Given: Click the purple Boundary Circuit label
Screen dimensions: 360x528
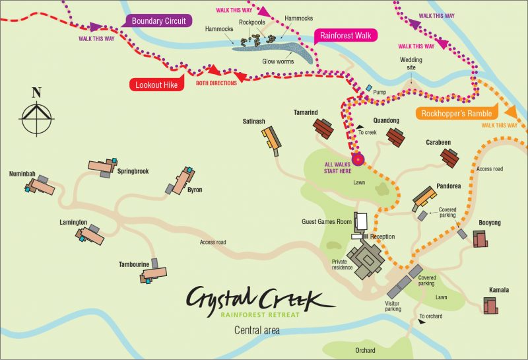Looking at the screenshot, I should point(160,21).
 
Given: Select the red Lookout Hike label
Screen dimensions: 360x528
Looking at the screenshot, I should point(156,84).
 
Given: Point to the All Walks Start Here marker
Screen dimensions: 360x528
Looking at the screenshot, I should point(358,159).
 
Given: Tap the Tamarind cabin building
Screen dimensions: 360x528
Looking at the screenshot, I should point(323,127).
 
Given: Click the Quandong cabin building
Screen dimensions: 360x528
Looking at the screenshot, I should point(395,137).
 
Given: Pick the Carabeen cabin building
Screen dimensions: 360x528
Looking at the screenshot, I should point(450,157).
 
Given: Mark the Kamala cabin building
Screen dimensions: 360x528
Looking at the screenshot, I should point(490,306).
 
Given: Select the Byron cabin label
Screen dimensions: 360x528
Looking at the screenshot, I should point(195,190).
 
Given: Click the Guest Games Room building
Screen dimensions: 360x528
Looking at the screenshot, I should point(361,221).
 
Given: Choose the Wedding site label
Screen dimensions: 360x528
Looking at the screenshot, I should point(411,63).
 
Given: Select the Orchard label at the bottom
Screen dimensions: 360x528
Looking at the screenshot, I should point(364,350).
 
